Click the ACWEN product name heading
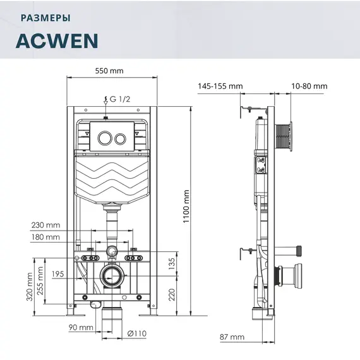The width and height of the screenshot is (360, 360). [56, 40]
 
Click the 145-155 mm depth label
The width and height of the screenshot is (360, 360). [220, 86]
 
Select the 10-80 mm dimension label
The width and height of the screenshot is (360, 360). [309, 86]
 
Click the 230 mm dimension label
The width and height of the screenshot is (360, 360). [45, 225]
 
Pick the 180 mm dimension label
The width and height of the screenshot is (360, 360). [45, 237]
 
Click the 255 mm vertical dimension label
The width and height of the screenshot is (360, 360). [42, 281]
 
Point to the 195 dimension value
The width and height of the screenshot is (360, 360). [59, 273]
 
